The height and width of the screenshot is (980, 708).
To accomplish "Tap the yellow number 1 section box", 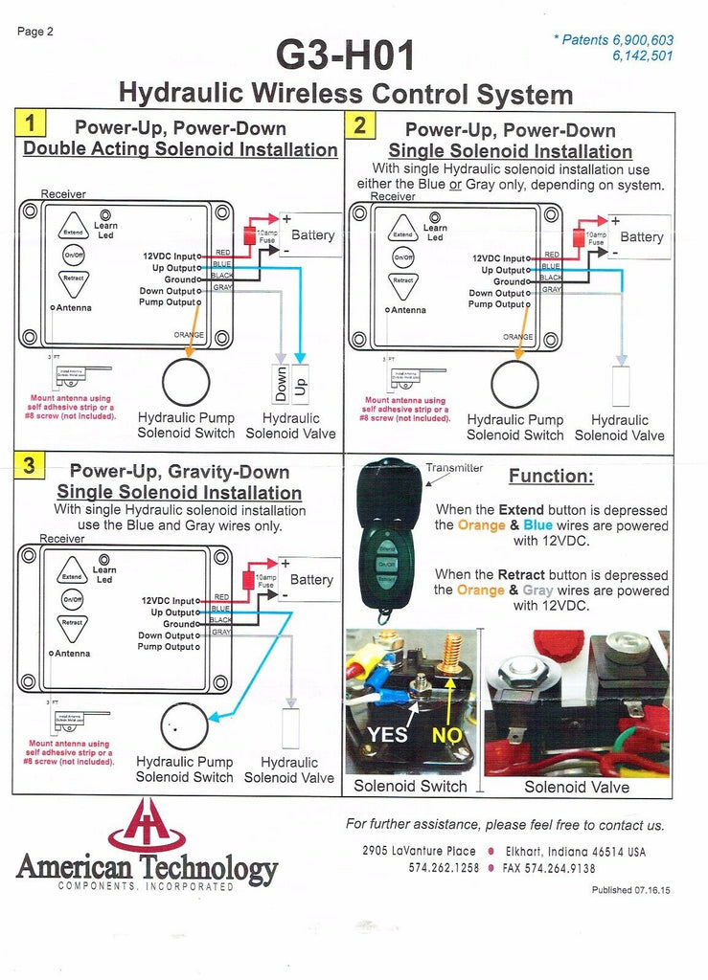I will pyautogui.click(x=31, y=123).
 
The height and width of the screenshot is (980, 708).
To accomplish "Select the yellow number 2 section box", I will pyautogui.click(x=360, y=124).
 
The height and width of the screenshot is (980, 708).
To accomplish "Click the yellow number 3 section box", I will pyautogui.click(x=30, y=466).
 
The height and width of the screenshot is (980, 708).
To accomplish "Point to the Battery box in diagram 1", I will pyautogui.click(x=312, y=234).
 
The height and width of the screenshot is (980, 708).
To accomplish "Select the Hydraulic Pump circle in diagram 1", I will pyautogui.click(x=186, y=383).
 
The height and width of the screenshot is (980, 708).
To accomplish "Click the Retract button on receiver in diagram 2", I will pyautogui.click(x=403, y=281).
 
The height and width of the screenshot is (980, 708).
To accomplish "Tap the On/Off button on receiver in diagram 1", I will pyautogui.click(x=74, y=255).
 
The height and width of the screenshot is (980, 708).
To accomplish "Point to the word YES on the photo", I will pyautogui.click(x=388, y=735).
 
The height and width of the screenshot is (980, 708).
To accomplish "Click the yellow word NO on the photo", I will pyautogui.click(x=447, y=735).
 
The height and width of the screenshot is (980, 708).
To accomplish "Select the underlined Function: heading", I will pyautogui.click(x=551, y=477).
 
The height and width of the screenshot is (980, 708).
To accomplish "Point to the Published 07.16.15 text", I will pyautogui.click(x=630, y=890).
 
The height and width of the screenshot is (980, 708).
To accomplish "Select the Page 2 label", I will pyautogui.click(x=35, y=32).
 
